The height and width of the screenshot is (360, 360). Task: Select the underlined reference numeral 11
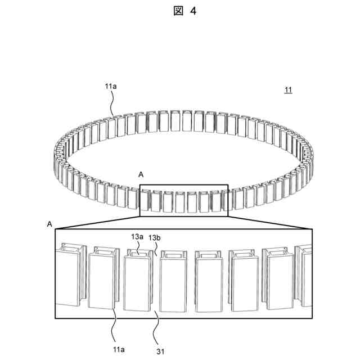point(288,90)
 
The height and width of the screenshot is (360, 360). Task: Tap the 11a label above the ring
point(110,86)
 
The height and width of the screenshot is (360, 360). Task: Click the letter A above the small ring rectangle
point(141,175)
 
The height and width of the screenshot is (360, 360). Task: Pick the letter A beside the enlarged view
point(49,224)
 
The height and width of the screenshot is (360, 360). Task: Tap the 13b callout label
point(155,238)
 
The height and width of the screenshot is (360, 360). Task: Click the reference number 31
point(160,352)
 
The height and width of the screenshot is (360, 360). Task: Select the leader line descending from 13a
point(138,248)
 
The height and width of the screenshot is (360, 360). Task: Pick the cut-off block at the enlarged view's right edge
point(305,276)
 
